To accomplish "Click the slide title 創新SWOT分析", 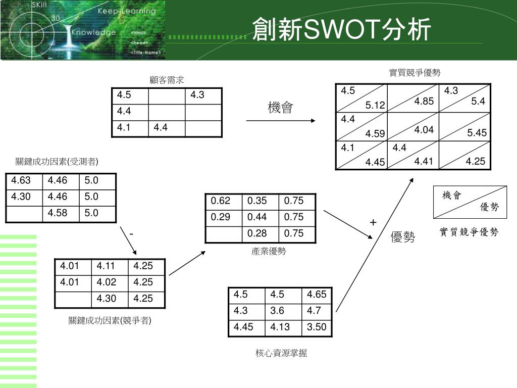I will click(342, 29).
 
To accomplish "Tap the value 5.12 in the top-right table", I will click(375, 105).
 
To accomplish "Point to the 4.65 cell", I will click(317, 295).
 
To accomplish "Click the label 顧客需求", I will click(167, 80).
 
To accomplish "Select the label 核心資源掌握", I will click(281, 353).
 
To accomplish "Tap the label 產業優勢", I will click(269, 251).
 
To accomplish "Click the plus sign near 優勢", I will click(373, 223).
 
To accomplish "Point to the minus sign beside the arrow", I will click(131, 234).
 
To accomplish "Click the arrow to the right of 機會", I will click(281, 121).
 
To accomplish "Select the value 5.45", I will click(477, 133).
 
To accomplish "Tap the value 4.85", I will click(424, 102).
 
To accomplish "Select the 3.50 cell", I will click(317, 327).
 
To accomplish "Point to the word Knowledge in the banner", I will click(93, 32).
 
